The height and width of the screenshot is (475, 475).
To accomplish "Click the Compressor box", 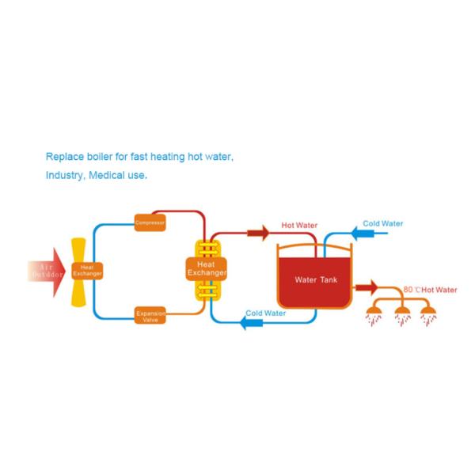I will [150, 223].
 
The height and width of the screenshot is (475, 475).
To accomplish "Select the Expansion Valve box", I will [150, 316].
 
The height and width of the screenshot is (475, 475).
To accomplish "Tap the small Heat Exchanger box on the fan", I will [87, 270].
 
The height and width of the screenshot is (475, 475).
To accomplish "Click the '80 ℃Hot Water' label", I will [430, 290].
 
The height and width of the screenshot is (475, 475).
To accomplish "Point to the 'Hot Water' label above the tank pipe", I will [299, 226].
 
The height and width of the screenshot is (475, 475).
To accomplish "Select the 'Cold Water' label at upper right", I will [382, 224].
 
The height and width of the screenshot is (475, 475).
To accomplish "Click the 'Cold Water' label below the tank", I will [266, 313].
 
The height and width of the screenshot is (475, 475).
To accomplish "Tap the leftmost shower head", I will [373, 313].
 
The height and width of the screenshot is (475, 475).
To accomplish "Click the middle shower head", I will [401, 313].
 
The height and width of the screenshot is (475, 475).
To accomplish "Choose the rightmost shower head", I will [428, 313].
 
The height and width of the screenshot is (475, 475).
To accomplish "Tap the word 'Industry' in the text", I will [65, 175].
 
